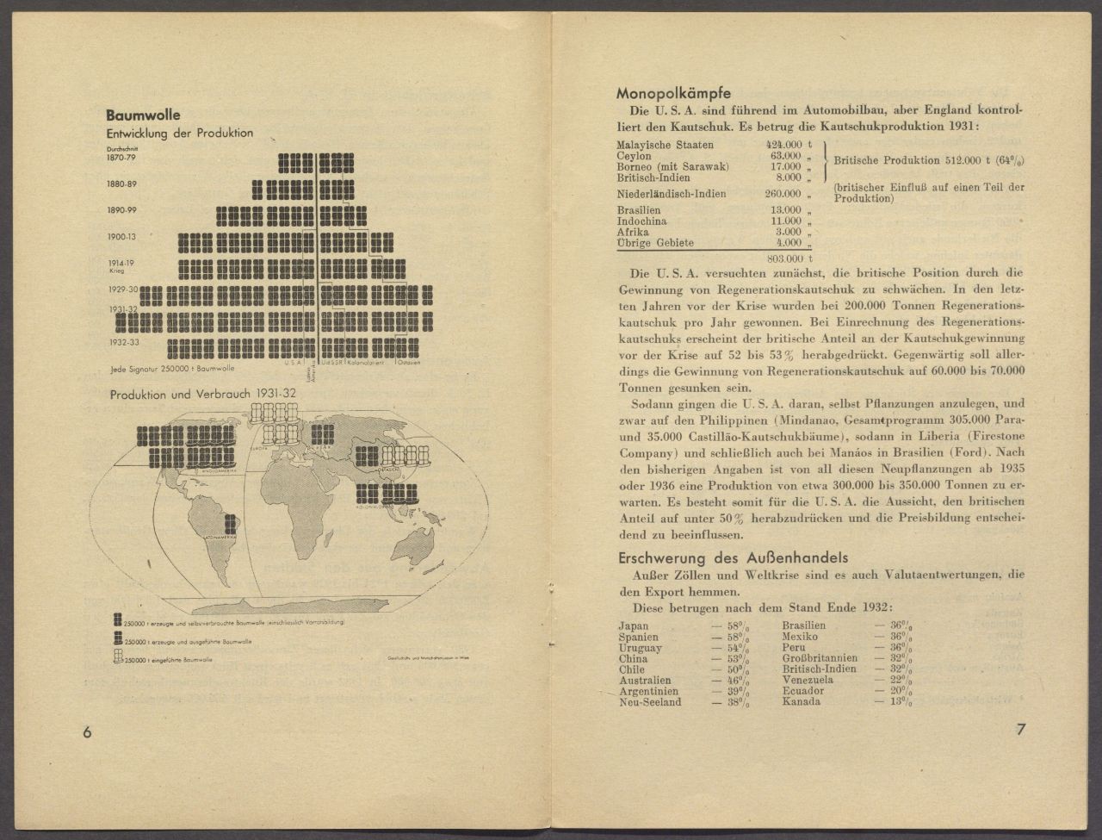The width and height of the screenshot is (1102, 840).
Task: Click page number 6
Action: [x=86, y=731]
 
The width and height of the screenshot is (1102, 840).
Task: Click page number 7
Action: [x=1020, y=731]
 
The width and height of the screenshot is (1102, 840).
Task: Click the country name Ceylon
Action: [x=634, y=156]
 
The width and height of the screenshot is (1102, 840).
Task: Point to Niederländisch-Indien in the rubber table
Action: [x=672, y=194]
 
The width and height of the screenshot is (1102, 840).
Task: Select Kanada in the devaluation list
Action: [x=802, y=702]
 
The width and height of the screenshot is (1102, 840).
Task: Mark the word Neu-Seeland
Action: [x=649, y=702]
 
